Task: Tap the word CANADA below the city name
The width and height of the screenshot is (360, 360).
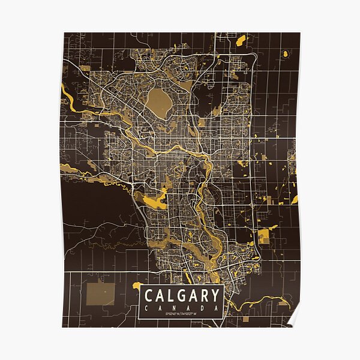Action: [181, 308]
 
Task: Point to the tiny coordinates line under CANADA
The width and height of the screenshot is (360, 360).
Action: [181, 314]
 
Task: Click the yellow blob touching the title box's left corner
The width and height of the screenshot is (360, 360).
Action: [137, 286]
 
